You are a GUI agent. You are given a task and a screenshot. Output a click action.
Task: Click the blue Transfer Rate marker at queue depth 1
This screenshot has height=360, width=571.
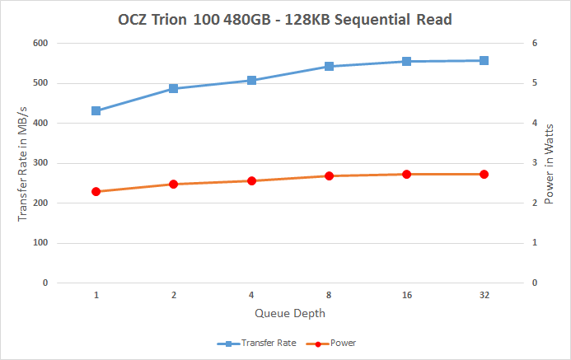click(x=96, y=110)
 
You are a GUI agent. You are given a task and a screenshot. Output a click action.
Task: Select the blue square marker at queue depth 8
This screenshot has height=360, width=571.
click(x=329, y=66)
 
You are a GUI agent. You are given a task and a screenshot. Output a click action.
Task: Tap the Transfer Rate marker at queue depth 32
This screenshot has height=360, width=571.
click(x=484, y=60)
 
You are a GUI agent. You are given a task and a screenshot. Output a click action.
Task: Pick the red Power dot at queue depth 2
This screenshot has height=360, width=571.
click(x=174, y=184)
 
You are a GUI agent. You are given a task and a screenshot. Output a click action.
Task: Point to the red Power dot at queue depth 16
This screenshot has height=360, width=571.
click(x=406, y=174)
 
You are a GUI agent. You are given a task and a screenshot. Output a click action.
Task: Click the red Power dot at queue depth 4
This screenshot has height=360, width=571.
click(x=251, y=180)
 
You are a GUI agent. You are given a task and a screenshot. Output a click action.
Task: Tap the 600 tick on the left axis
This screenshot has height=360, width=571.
click(x=40, y=43)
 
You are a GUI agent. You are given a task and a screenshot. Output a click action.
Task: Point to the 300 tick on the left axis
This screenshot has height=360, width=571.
click(x=40, y=163)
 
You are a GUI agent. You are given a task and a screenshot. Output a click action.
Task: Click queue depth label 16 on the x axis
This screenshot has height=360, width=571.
click(x=406, y=295)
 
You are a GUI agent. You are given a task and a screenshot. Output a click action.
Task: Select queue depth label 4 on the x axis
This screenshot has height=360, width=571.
click(x=251, y=295)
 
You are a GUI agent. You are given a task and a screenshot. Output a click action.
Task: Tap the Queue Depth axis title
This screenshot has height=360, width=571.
click(x=290, y=313)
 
